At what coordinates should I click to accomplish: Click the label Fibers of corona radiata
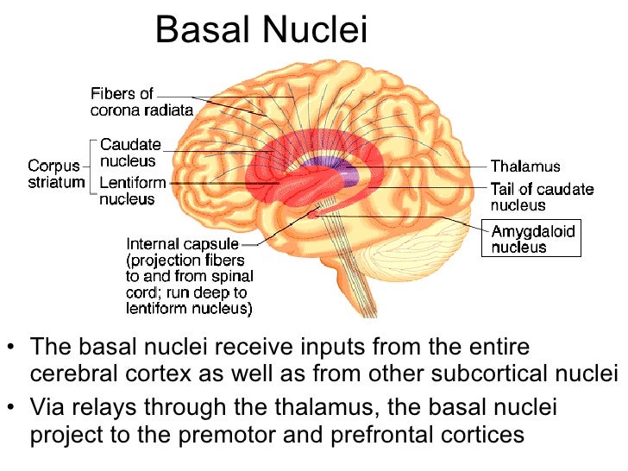pos(141,102)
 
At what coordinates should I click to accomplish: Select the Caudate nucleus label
pos(130,153)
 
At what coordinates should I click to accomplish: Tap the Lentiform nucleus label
pos(133,190)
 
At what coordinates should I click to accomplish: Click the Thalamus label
pos(525,166)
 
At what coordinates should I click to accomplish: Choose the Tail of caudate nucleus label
pos(542,198)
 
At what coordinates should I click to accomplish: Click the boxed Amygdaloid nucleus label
pos(531,238)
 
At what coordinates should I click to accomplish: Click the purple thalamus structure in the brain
pos(332,168)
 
